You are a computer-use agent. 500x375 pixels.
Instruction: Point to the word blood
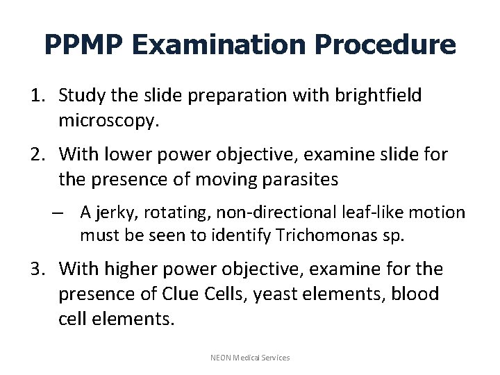pos(416,294)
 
